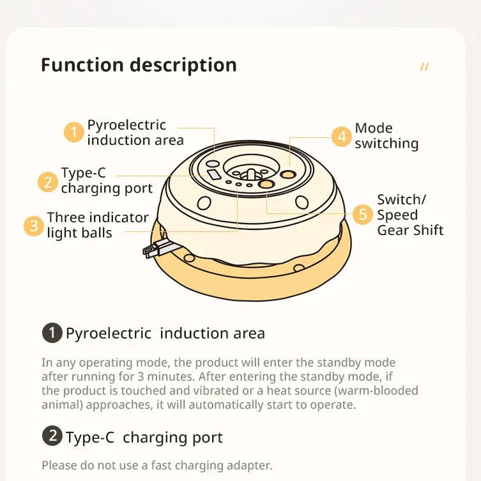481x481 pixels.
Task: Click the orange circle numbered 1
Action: (74, 132)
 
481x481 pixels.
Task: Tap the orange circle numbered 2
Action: (48, 182)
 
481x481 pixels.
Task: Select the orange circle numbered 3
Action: (34, 226)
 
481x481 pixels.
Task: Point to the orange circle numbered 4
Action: (342, 137)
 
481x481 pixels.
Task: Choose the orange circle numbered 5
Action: (363, 215)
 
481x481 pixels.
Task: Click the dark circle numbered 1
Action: (52, 333)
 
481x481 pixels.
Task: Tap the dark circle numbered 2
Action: (52, 436)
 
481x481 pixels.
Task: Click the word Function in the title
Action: (82, 65)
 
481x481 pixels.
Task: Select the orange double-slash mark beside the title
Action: (424, 66)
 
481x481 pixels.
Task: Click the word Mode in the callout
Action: (374, 128)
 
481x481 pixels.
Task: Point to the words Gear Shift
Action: (410, 230)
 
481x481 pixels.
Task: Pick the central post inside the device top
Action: (250, 174)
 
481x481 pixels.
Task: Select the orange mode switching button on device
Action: (287, 174)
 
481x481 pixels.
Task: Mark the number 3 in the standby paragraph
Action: (141, 376)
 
